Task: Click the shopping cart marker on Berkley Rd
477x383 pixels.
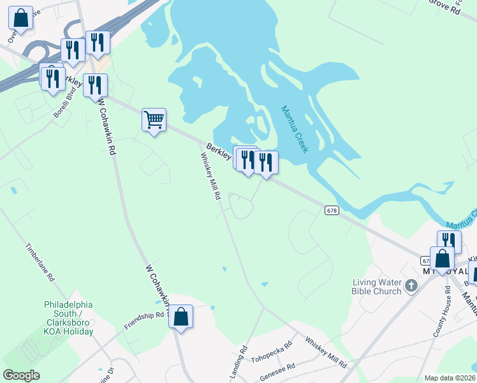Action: [x=154, y=120]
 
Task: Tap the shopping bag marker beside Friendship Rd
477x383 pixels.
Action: [x=180, y=317]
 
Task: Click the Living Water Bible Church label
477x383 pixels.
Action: [x=378, y=287]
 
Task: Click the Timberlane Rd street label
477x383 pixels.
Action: [x=41, y=263]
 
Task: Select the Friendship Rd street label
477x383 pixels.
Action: [x=145, y=320]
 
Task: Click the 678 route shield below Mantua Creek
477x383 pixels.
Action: [x=331, y=210]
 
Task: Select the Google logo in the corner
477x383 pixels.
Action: [x=21, y=375]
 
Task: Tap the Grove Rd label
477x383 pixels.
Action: [x=444, y=6]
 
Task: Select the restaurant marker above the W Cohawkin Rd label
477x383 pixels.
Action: [x=96, y=86]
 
